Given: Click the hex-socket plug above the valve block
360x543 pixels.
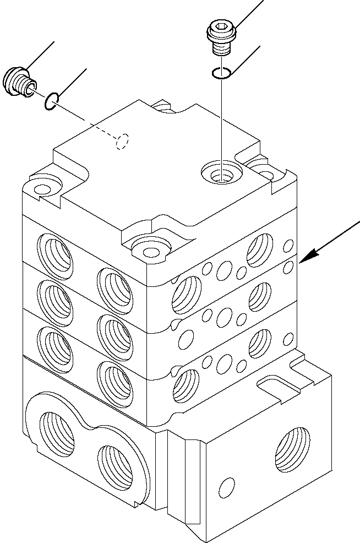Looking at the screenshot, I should [x=222, y=35].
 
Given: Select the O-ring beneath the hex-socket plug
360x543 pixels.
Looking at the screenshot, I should [x=221, y=72].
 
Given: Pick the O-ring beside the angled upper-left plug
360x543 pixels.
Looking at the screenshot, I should [x=51, y=101].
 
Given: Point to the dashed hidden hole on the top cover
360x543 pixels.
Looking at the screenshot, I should [x=122, y=142].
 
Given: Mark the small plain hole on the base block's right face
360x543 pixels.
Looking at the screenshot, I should [x=225, y=487].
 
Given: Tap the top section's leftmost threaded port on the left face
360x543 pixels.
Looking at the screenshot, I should [x=55, y=254].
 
